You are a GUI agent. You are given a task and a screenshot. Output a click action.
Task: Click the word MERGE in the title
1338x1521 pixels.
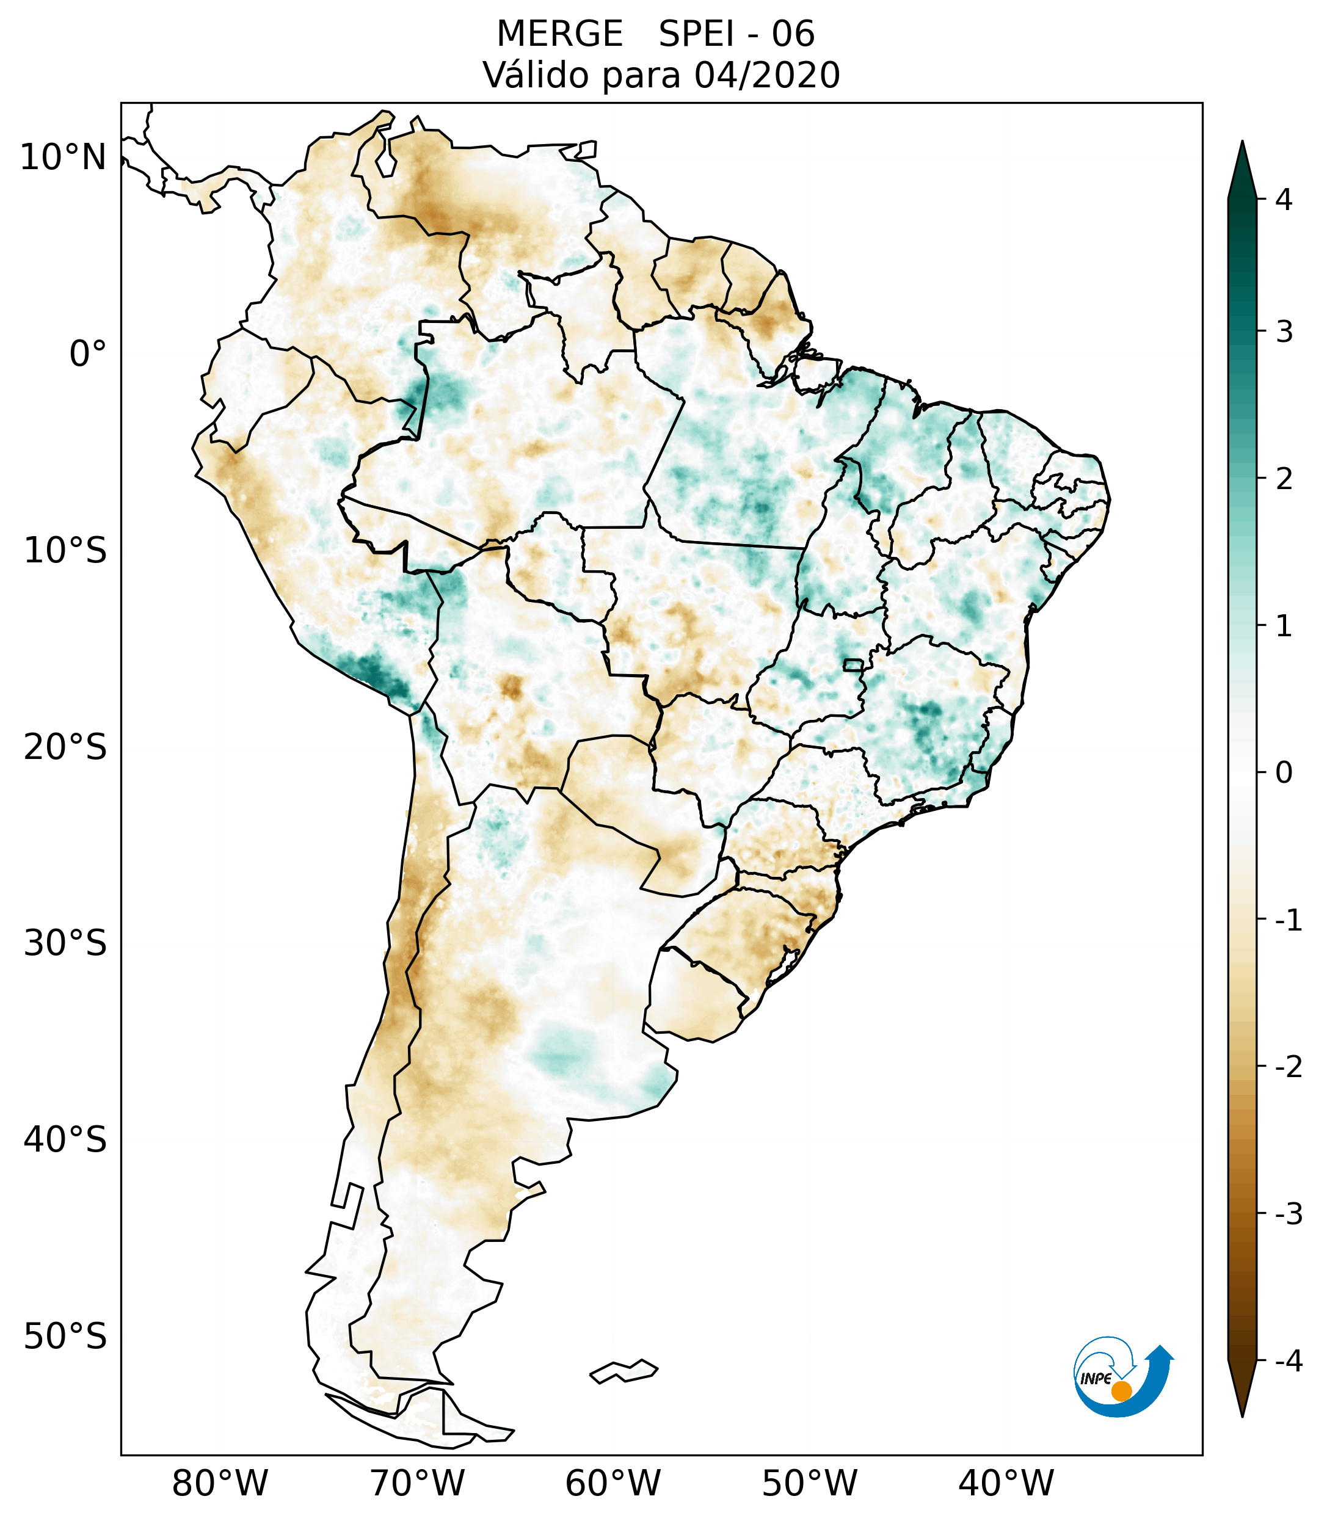559,34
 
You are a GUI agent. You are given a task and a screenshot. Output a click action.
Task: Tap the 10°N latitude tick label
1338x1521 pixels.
62,158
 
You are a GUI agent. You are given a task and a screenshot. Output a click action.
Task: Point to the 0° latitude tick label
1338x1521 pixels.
87,354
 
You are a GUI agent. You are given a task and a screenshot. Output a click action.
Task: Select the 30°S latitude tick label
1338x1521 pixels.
65,943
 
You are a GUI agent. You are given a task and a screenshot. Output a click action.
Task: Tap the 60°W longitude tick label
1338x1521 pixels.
613,1483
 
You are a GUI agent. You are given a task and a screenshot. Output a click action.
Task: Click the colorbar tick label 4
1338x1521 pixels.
1284,200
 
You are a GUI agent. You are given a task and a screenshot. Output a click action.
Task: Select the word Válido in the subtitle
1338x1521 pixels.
536,75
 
